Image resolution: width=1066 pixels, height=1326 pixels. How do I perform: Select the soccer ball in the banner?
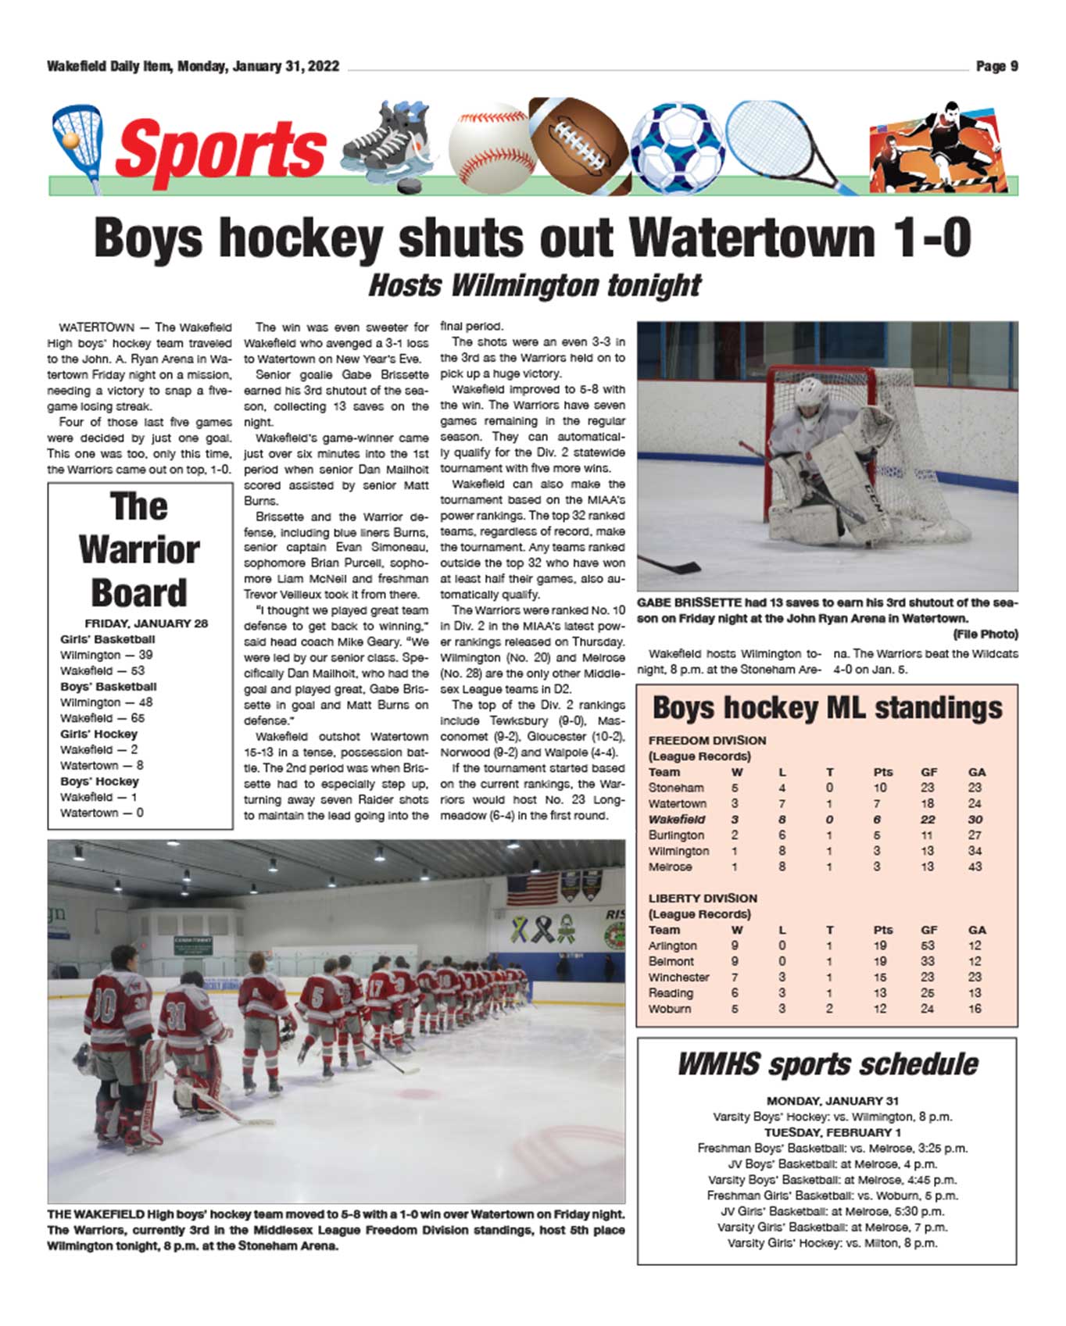click(x=677, y=148)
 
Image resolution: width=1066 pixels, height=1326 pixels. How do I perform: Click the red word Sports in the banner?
click(x=220, y=148)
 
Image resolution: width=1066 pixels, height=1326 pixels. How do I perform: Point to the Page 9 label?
click(x=996, y=66)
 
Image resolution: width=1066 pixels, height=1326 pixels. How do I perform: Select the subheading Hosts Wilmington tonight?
click(x=535, y=285)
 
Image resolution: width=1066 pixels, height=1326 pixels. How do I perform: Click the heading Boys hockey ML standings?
click(x=827, y=708)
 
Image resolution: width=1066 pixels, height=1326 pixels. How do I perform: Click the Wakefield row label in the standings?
click(x=677, y=820)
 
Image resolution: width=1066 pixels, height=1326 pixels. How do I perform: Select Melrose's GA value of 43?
click(x=975, y=867)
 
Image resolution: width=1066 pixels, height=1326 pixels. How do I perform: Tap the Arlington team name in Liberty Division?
click(x=673, y=945)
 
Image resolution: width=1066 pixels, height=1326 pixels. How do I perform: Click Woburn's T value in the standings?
click(x=829, y=1009)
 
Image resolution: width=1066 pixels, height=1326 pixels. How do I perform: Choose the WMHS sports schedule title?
click(x=827, y=1064)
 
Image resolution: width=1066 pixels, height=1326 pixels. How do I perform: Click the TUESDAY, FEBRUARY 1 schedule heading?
click(x=832, y=1132)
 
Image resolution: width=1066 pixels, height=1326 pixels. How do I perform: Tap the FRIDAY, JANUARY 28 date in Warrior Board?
click(x=146, y=624)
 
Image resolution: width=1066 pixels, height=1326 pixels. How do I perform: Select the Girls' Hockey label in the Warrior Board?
click(x=98, y=734)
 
